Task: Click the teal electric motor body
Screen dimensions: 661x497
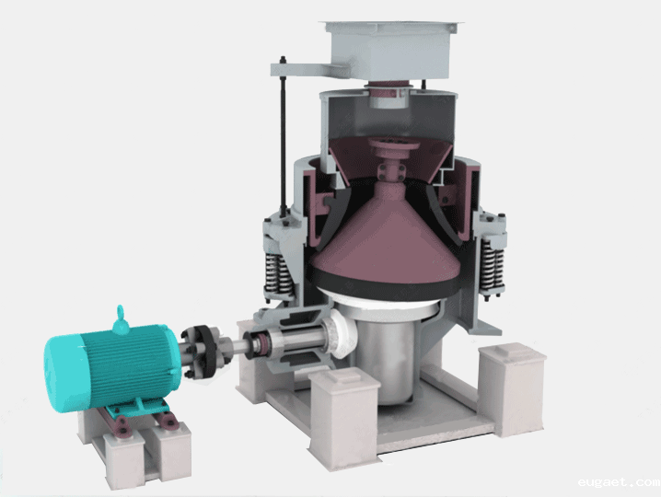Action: [x=114, y=366]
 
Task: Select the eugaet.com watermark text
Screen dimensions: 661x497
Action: [x=619, y=482]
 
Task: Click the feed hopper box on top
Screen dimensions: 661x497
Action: [x=390, y=51]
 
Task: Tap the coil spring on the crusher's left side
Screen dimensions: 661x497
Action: [x=277, y=274]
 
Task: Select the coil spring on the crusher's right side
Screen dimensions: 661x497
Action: [x=493, y=266]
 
